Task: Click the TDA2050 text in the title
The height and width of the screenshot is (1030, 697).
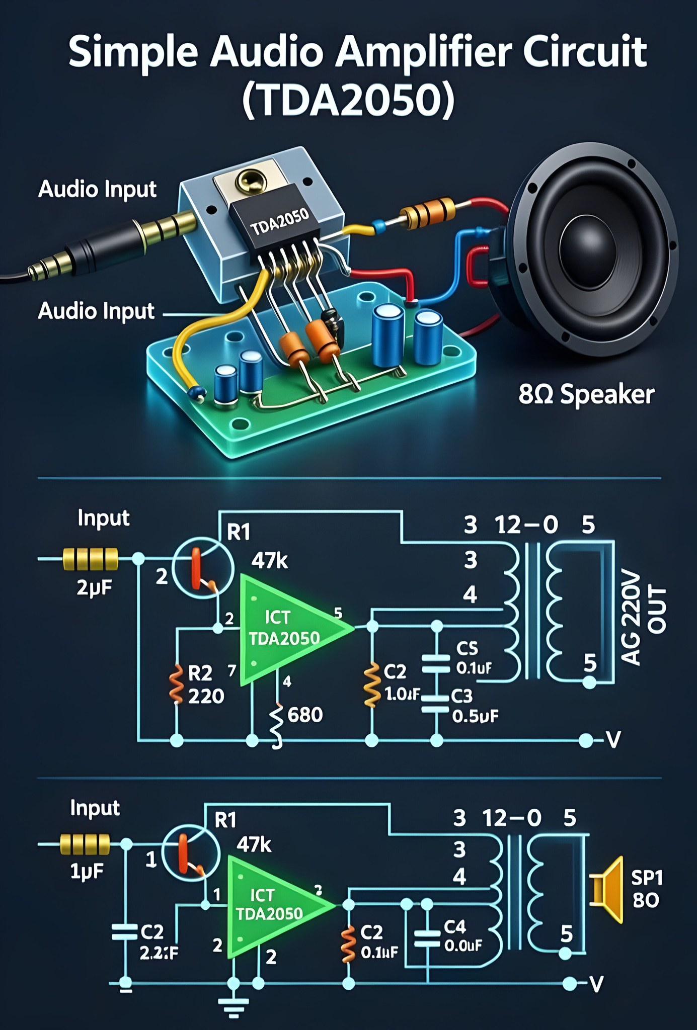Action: (348, 100)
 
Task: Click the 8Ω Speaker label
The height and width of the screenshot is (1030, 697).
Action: (586, 394)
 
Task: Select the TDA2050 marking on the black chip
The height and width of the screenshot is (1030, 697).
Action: (280, 221)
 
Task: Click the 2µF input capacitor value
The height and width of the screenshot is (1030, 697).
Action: (95, 587)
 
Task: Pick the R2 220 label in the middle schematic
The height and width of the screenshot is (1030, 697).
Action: (205, 684)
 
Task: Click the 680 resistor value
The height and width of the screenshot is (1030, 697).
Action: (304, 715)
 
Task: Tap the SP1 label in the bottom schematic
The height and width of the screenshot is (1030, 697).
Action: (647, 878)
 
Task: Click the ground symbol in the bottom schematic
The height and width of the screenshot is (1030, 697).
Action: (234, 1006)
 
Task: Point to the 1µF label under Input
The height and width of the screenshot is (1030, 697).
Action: (87, 871)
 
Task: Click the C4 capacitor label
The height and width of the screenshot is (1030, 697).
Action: (455, 926)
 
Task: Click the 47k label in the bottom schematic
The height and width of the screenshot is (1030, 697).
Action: (254, 845)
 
